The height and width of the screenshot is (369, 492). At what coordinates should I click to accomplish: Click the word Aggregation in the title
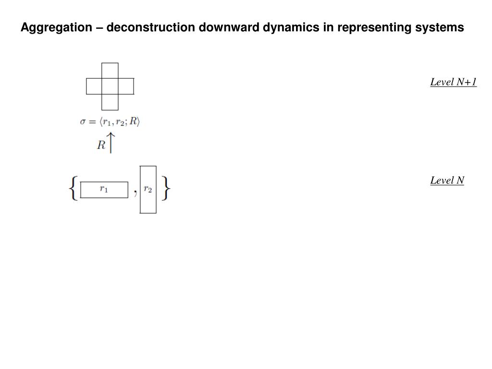click(56, 28)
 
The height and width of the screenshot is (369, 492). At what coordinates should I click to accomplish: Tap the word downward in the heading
click(230, 28)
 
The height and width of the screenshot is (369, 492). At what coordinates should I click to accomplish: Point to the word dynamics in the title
click(292, 28)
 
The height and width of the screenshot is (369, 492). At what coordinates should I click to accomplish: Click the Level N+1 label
click(453, 82)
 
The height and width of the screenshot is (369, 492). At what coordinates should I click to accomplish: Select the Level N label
click(447, 181)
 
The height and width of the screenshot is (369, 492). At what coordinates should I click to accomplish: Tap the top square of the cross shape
click(110, 70)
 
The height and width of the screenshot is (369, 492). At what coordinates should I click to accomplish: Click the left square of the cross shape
click(94, 86)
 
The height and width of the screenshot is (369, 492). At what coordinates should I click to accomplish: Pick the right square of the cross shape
click(126, 86)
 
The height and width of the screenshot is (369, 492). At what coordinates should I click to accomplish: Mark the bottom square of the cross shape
click(110, 102)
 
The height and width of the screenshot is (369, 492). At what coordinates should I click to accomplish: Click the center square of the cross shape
click(110, 86)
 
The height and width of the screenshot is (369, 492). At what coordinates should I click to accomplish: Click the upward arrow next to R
click(111, 144)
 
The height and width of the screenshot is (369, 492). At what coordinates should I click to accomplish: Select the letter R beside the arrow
click(101, 146)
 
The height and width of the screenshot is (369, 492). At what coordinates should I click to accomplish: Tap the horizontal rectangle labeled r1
click(104, 190)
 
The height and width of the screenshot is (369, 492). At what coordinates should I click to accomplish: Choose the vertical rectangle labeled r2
click(148, 189)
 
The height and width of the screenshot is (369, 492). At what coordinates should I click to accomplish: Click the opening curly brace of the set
click(73, 189)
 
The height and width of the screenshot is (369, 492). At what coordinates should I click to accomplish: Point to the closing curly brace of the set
click(166, 189)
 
